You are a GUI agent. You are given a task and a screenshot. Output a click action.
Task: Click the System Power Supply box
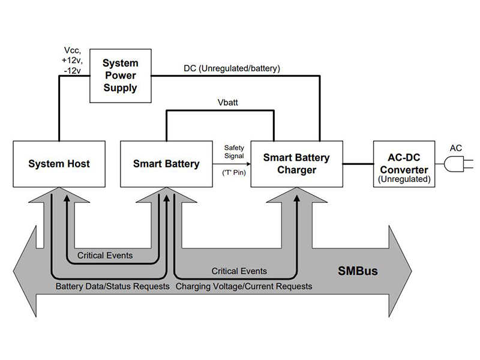120,75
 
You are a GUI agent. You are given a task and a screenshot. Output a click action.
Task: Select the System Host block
59,163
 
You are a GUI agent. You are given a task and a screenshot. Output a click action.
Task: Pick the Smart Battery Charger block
296,163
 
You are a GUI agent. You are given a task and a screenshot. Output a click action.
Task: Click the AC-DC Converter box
403,163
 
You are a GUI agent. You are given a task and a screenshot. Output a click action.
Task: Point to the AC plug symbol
457,163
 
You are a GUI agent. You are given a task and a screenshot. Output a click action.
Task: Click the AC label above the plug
456,146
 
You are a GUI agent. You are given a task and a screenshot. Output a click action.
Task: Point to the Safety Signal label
233,152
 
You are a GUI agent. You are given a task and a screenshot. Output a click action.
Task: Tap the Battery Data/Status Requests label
112,287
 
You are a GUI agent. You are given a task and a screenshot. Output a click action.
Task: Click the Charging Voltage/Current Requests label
244,287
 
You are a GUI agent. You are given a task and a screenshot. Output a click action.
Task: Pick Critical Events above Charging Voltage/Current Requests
239,271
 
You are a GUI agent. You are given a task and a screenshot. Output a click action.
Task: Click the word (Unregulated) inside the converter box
403,178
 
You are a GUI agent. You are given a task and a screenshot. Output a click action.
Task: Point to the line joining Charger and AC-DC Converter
358,163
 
